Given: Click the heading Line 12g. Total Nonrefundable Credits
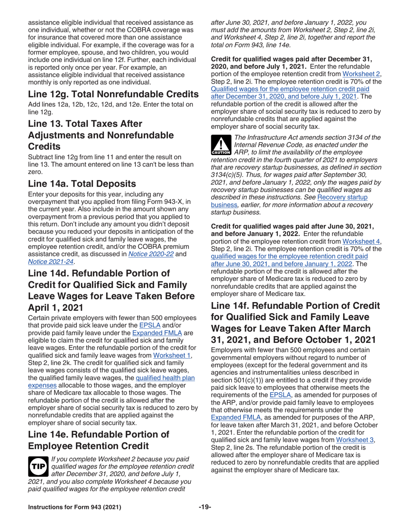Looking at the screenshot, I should tap(113, 94).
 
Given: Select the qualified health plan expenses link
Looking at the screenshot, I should tap(165, 378).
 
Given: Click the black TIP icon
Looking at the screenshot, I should tap(38, 466).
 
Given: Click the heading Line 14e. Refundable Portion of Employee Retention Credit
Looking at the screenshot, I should tap(98, 440).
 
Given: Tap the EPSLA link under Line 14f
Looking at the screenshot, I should tap(280, 395).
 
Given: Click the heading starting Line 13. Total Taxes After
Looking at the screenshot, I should tap(101, 135).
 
